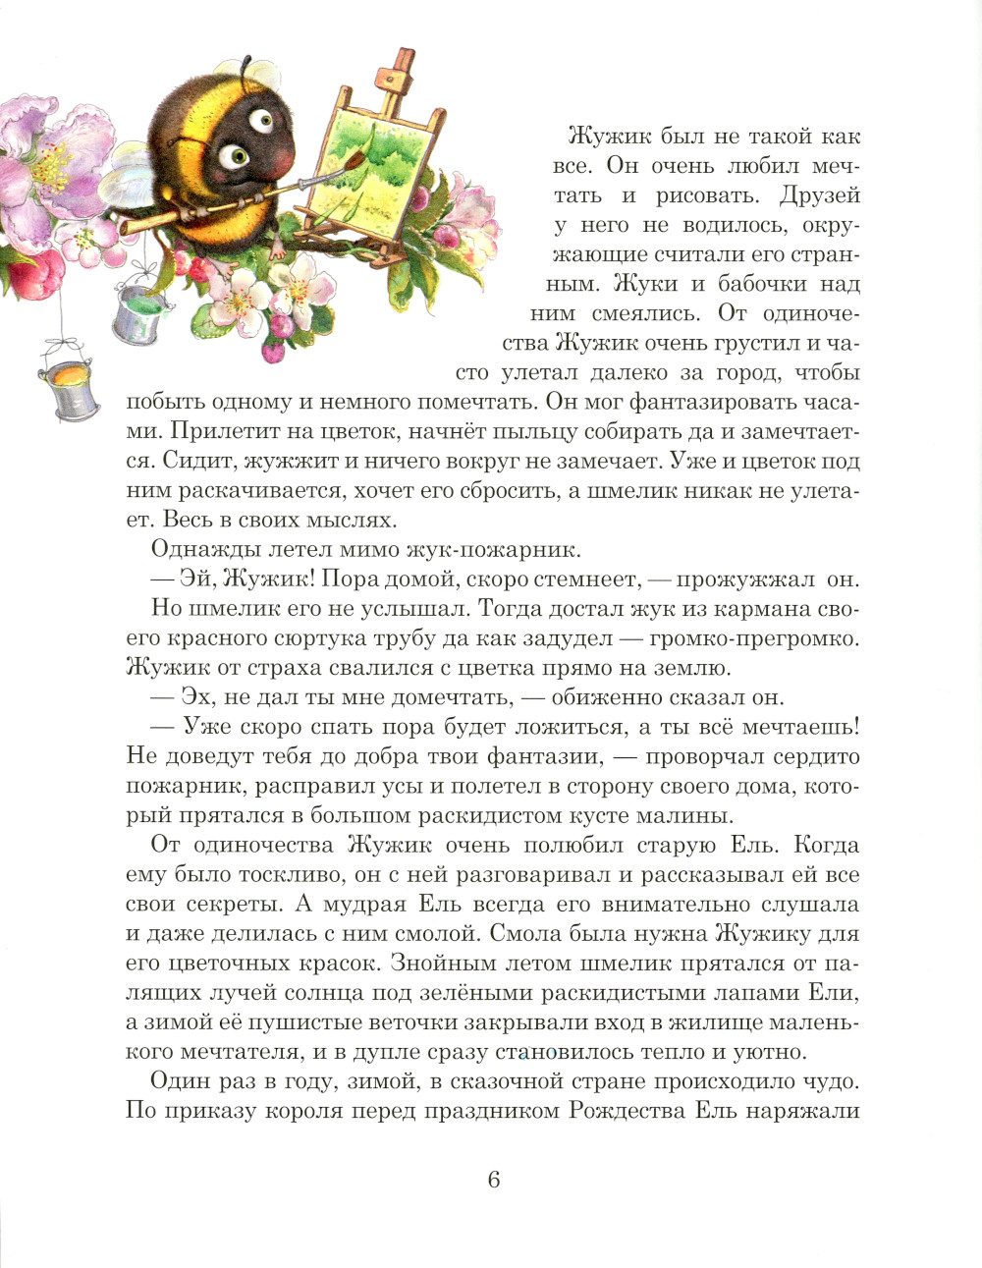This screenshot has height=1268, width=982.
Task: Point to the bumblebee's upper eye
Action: (x=260, y=121)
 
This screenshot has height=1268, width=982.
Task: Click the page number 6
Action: (x=494, y=1180)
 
